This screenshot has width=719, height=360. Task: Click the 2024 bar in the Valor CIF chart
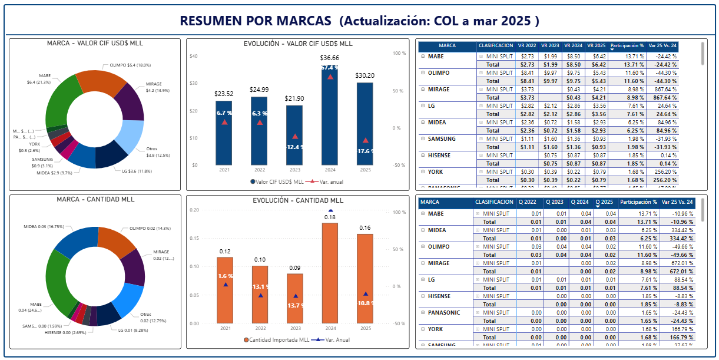pos(330,118)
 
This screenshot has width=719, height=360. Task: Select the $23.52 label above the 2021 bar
pos(223,93)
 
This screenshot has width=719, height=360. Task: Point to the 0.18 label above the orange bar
pos(330,217)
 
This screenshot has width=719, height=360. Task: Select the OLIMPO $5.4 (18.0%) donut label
pos(131,65)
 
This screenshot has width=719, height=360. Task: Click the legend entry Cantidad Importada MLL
pos(276,339)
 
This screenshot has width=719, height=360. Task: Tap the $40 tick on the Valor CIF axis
pos(194,56)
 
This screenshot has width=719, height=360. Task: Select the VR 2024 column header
pos(574,45)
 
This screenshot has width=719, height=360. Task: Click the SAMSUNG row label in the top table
pos(439,138)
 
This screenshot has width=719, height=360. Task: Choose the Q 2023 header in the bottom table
pos(553,202)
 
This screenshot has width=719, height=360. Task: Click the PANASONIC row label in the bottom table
pos(444,312)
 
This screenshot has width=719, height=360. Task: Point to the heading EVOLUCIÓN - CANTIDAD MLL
pos(298,200)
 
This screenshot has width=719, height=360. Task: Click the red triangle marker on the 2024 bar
pos(330,76)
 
